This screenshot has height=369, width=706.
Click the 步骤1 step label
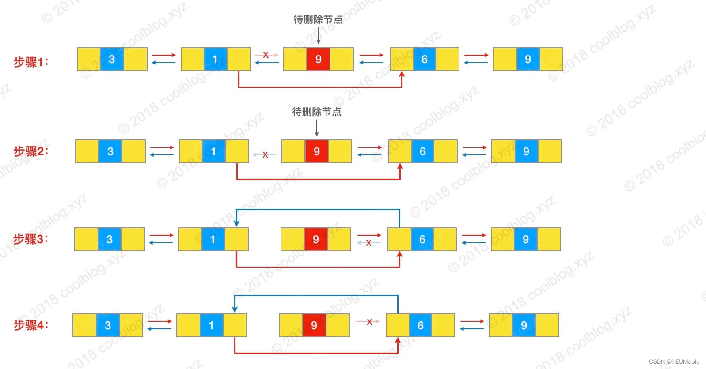point(31,62)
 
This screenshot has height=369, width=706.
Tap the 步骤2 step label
point(31,151)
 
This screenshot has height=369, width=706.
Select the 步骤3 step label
point(31,239)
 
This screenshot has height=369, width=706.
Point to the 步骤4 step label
point(31,325)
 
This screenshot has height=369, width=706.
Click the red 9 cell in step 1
point(318,59)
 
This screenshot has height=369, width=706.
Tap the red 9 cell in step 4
point(314,325)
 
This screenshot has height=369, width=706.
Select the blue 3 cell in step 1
point(112,59)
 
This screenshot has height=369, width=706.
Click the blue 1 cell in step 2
point(213,151)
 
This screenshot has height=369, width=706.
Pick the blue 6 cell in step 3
point(422,239)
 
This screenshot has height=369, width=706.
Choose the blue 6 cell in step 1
point(424,59)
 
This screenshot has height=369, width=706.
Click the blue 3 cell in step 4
point(108,325)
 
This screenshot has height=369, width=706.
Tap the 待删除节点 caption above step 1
point(318,19)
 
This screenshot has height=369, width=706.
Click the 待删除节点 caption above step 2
point(317,112)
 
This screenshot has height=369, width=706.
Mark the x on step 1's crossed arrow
point(266,55)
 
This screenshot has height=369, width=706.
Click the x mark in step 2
point(265,154)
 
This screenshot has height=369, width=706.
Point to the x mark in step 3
point(368,242)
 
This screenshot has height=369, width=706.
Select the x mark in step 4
point(370,322)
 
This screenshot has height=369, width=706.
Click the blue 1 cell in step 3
point(213,239)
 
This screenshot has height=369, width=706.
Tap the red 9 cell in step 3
point(315,239)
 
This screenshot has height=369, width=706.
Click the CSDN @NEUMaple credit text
point(674,361)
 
